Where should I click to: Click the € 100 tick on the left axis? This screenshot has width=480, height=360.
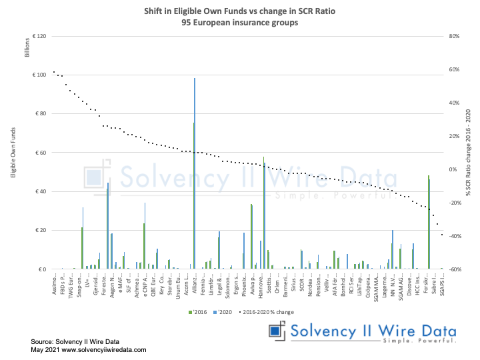(38, 75)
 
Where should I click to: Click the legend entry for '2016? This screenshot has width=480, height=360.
(197, 311)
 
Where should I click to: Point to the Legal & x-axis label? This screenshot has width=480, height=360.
(219, 285)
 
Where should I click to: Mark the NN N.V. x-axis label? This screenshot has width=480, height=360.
(392, 285)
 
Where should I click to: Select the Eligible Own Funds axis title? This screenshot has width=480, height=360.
(13, 153)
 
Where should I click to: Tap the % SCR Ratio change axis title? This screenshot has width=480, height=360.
(469, 153)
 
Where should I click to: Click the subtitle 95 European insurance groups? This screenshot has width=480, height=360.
(240, 22)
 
